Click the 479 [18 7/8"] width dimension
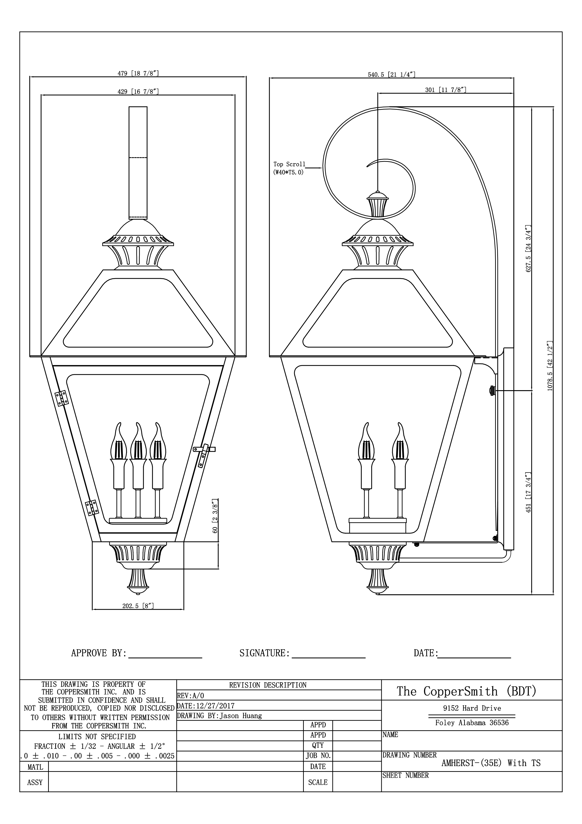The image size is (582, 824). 138,74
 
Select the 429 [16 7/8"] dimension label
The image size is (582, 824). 138,92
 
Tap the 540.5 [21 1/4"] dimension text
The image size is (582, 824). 392,75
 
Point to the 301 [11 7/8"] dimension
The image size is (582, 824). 446,90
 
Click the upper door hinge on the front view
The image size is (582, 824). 61,398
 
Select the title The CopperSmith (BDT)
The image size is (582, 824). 466,691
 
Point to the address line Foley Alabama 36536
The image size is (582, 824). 472,723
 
